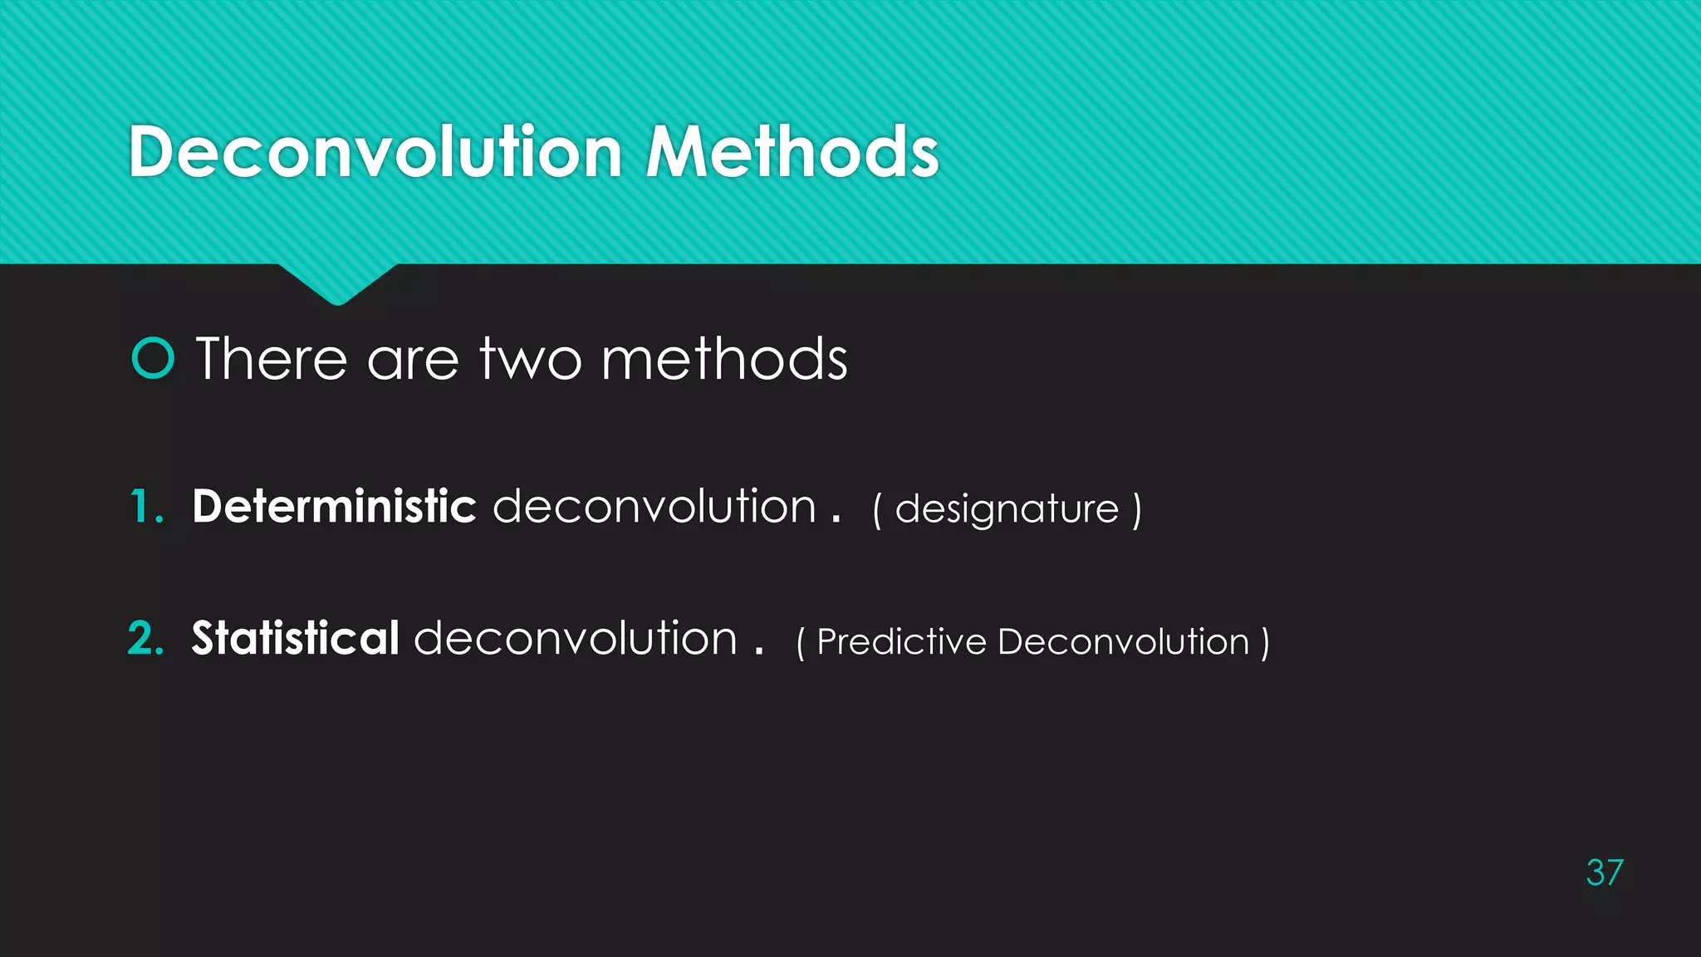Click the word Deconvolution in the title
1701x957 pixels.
pyautogui.click(x=375, y=152)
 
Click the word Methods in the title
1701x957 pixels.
pyautogui.click(x=792, y=152)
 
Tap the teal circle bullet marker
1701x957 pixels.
pyautogui.click(x=153, y=359)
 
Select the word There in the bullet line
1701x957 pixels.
pyautogui.click(x=272, y=359)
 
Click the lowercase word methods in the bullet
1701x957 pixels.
pyautogui.click(x=724, y=359)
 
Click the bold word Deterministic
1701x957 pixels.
pyautogui.click(x=334, y=506)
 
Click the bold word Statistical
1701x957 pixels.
pyautogui.click(x=296, y=638)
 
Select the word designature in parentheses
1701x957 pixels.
pyautogui.click(x=1007, y=509)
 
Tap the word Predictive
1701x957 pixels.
pyautogui.click(x=902, y=641)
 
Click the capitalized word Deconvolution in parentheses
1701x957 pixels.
pyautogui.click(x=1124, y=641)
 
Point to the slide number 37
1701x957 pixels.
pyautogui.click(x=1604, y=873)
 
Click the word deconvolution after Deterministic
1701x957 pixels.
pyautogui.click(x=654, y=506)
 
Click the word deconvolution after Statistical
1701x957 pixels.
pyautogui.click(x=576, y=638)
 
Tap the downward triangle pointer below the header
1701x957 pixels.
pyautogui.click(x=337, y=284)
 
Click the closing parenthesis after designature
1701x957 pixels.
pyautogui.click(x=1137, y=509)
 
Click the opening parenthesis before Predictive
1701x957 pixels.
pyautogui.click(x=801, y=642)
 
